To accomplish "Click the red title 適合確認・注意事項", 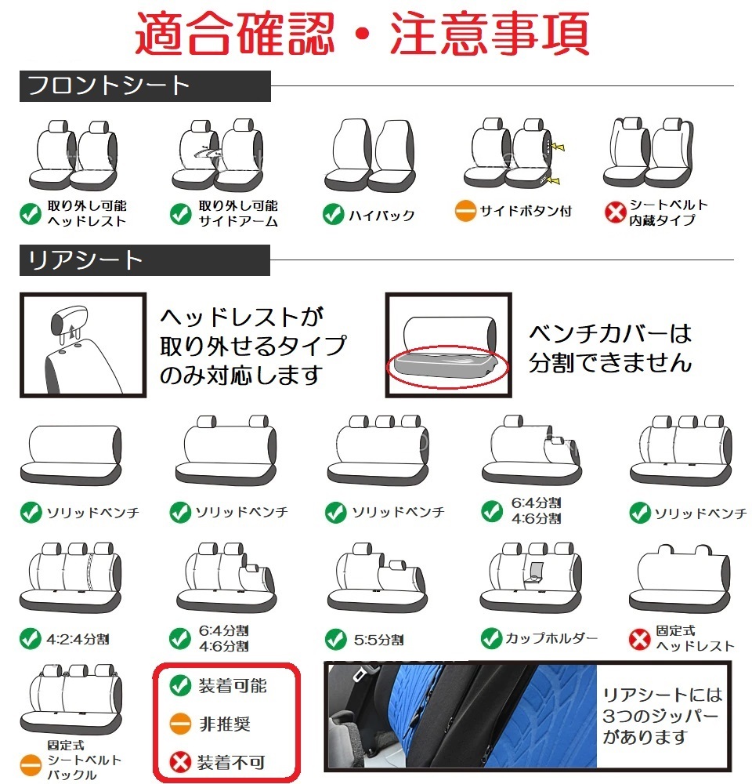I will pyautogui.click(x=362, y=34).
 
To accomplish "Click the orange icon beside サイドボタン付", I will pyautogui.click(x=465, y=211).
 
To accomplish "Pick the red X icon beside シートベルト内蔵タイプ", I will pyautogui.click(x=615, y=212).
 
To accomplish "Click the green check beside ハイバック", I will pyautogui.click(x=334, y=214).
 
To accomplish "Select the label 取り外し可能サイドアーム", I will pyautogui.click(x=237, y=213).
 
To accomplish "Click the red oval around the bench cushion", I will pyautogui.click(x=446, y=366).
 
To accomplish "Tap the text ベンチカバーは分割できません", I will pyautogui.click(x=611, y=348).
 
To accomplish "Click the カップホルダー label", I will pyautogui.click(x=551, y=637).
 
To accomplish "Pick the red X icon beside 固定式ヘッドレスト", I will pyautogui.click(x=640, y=638).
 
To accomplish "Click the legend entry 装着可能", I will pyautogui.click(x=232, y=686).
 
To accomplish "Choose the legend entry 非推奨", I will pyautogui.click(x=224, y=724).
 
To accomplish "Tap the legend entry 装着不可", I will pyautogui.click(x=232, y=760).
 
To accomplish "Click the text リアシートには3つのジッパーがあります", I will pyautogui.click(x=662, y=716).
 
